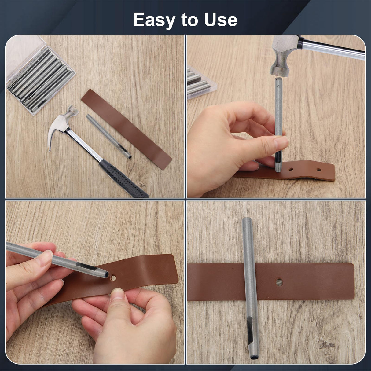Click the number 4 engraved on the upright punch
tap(278, 86)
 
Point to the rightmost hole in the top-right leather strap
tap(319, 169)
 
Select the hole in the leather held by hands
tap(113, 278)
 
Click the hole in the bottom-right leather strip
tap(279, 282)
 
